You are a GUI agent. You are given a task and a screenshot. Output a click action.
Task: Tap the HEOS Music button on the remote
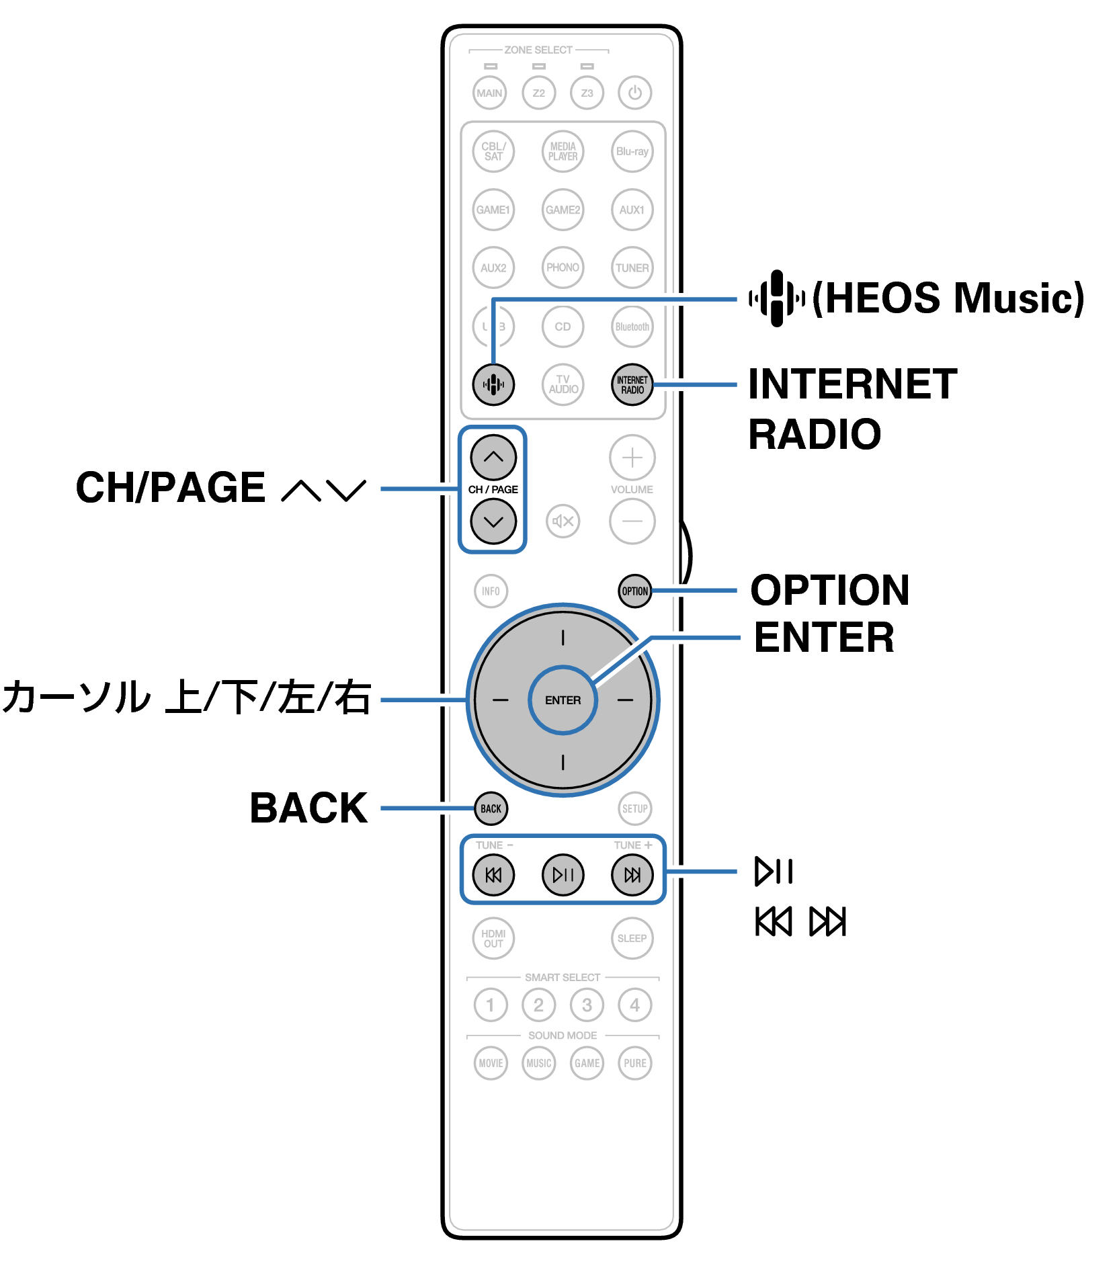coord(493,384)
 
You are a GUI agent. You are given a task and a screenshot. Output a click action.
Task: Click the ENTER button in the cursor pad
coord(563,700)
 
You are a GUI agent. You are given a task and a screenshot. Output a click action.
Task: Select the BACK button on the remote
coord(491,808)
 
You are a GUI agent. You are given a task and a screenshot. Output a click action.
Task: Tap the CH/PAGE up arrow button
coord(493,457)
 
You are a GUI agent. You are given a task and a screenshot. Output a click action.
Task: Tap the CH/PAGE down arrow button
coord(493,521)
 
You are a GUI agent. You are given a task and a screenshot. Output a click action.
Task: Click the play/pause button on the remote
coord(563,874)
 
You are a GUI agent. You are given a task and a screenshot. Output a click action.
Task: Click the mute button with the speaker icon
coord(563,521)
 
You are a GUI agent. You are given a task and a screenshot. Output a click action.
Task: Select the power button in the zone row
coord(634,93)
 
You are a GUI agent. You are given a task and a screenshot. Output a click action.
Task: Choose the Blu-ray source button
coord(632,152)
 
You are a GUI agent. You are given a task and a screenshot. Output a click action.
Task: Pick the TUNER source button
coord(632,267)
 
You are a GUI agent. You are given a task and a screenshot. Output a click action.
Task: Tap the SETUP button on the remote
coord(634,808)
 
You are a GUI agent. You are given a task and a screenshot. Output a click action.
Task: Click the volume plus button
coord(632,457)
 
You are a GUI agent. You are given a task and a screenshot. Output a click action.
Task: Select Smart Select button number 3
coord(587,1005)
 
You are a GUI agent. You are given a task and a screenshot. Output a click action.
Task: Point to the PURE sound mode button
coord(634,1063)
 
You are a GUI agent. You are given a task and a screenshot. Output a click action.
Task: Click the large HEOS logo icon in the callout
coord(777,298)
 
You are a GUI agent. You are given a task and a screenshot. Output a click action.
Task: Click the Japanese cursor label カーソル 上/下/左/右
coord(187,698)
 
